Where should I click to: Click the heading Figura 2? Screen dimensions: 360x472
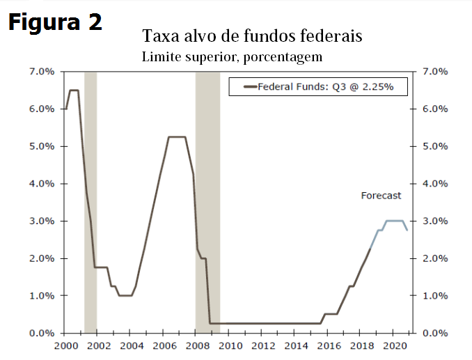pyautogui.click(x=55, y=22)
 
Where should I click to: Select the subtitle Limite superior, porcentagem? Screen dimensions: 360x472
pyautogui.click(x=232, y=55)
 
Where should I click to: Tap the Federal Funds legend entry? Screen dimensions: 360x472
pyautogui.click(x=318, y=87)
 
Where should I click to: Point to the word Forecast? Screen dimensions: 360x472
pyautogui.click(x=381, y=196)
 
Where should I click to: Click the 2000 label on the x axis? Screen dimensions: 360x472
pyautogui.click(x=65, y=345)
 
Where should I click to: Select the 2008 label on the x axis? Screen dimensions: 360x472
pyautogui.click(x=198, y=345)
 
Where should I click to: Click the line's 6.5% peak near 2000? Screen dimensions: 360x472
pyautogui.click(x=73, y=91)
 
